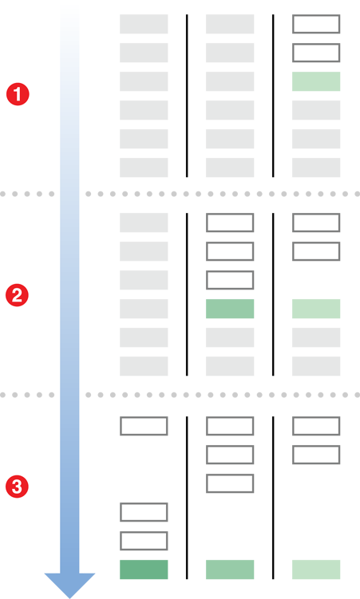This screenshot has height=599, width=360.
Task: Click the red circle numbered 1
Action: pyautogui.click(x=18, y=94)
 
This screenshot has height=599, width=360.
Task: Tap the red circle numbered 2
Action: pyautogui.click(x=18, y=295)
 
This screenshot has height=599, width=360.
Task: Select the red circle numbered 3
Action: pyautogui.click(x=18, y=487)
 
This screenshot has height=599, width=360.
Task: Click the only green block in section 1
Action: pyautogui.click(x=316, y=81)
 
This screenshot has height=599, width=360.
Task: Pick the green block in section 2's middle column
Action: pyautogui.click(x=230, y=309)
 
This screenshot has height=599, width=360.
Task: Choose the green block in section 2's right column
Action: pyautogui.click(x=316, y=309)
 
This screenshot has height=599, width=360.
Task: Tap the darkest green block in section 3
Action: pyautogui.click(x=144, y=569)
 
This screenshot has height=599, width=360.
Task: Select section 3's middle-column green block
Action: pyautogui.click(x=230, y=569)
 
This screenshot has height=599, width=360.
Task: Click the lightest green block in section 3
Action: pyautogui.click(x=316, y=569)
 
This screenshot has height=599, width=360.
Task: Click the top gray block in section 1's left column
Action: pyautogui.click(x=144, y=24)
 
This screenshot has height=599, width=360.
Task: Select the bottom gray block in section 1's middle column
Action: pyautogui.click(x=230, y=167)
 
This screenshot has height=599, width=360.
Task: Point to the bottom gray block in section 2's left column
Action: pyautogui.click(x=144, y=366)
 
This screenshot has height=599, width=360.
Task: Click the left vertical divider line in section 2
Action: pyautogui.click(x=187, y=294)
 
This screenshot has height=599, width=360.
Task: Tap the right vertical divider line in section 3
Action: pyautogui.click(x=273, y=498)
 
